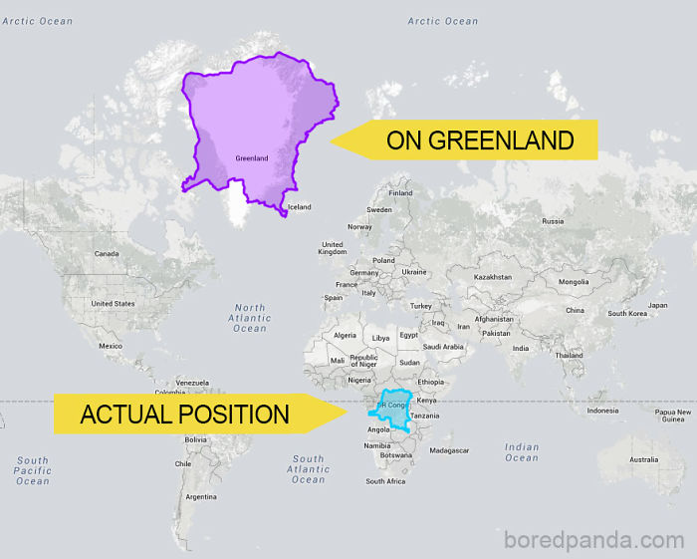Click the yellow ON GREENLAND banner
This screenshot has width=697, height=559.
478,140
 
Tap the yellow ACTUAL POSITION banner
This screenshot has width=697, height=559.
184,414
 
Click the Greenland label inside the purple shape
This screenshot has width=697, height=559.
251,158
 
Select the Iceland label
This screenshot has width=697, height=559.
299,207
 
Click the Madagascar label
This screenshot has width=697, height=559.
449,450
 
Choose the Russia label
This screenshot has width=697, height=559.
552,221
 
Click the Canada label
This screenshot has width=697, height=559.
106,253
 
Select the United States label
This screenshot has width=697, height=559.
113,303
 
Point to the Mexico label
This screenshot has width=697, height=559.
110,346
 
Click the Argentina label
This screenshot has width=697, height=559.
201,496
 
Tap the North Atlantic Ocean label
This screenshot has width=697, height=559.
250,318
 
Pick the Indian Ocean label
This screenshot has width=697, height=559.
522,452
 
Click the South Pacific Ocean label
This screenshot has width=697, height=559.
32,470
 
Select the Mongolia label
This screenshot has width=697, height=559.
574,281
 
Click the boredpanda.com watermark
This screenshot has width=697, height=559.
595,539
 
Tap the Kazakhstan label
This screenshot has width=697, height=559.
493,277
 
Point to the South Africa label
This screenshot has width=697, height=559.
385,481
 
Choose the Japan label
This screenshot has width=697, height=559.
657,305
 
